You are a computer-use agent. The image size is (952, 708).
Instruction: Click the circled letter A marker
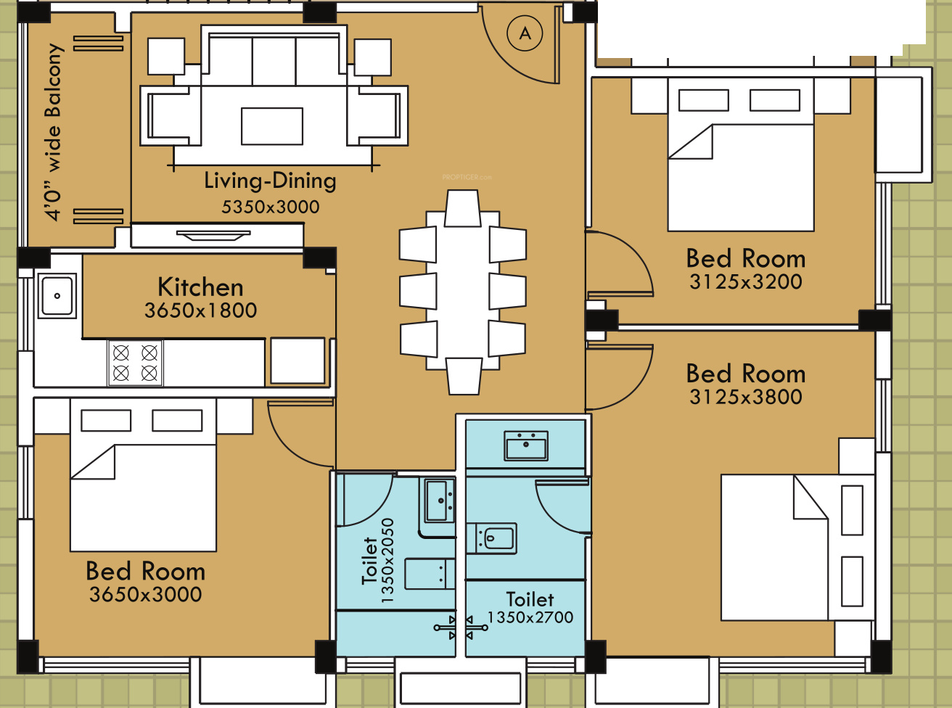coord(525,33)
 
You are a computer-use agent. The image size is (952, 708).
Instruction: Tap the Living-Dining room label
coord(270,181)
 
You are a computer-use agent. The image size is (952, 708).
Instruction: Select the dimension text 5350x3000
coord(271,207)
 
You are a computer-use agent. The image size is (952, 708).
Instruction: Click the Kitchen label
coord(200,287)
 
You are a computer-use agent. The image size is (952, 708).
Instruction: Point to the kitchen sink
coord(57,296)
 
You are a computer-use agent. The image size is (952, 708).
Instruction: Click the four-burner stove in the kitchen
coord(135,363)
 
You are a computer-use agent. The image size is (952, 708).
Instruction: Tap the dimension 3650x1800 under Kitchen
coord(200,310)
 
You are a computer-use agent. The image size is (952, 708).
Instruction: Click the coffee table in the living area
coord(271,126)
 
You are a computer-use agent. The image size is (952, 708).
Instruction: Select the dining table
coord(463,290)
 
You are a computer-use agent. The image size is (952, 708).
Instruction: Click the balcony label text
coord(54,132)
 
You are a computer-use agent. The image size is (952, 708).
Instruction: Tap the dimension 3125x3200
coord(745,282)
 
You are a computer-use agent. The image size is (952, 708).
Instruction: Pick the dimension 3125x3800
coord(745,397)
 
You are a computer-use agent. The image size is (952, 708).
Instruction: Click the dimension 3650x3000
coord(146,594)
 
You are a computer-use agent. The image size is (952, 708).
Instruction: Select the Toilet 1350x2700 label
coord(530,608)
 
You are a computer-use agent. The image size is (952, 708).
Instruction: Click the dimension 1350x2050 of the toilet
coord(387,561)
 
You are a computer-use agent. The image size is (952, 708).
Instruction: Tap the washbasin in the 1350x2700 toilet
coord(526,446)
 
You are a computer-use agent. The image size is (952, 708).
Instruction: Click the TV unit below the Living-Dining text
coord(217,235)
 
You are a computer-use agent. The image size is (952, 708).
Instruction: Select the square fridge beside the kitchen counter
coord(297,361)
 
